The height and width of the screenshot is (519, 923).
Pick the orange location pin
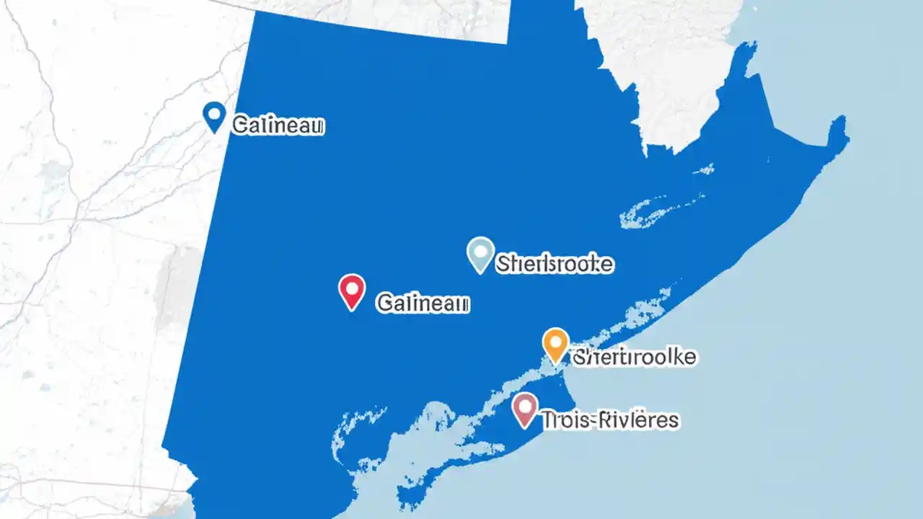click(x=555, y=345)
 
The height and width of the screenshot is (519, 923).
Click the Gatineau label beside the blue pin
click(x=278, y=126)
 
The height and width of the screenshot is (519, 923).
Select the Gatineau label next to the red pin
click(x=423, y=303)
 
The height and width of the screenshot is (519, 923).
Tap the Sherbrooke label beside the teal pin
click(x=555, y=265)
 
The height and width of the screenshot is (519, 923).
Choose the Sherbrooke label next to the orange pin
click(x=634, y=356)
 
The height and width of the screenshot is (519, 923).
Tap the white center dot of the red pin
click(x=352, y=288)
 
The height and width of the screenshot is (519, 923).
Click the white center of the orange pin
click(x=555, y=341)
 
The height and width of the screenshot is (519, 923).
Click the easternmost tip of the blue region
click(x=847, y=137)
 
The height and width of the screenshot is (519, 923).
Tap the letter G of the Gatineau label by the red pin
click(x=384, y=303)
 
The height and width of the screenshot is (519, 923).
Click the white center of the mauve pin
click(x=524, y=407)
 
